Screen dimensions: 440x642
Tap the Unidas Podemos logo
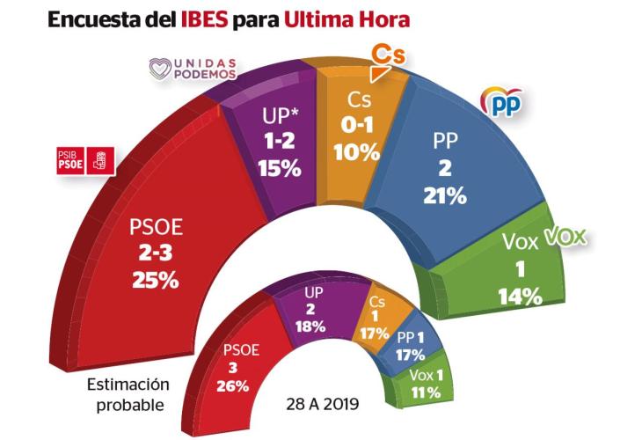[193, 68]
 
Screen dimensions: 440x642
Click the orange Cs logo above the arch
[387, 54]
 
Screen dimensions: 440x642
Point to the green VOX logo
[564, 237]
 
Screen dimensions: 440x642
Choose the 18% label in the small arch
[312, 326]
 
